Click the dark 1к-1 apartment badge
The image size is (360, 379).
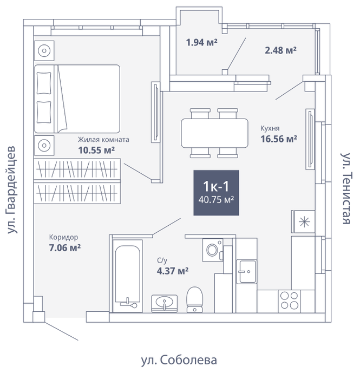tap(216, 193)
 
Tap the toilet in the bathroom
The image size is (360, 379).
tap(194, 300)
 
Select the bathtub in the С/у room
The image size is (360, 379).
tap(128, 276)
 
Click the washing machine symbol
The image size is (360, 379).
tap(213, 250)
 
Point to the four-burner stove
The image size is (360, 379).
tap(289, 301)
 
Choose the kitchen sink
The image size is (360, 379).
tap(246, 271)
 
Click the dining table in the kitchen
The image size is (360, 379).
tap(214, 133)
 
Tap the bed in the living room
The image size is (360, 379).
tap(77, 99)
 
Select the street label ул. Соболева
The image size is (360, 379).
tap(179, 360)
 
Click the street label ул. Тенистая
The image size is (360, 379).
tap(346, 188)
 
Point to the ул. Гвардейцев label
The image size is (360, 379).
tap(12, 190)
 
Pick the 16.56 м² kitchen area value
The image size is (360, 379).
tap(279, 139)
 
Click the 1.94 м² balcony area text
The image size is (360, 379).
tap(201, 42)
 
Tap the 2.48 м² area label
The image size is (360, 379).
tap(280, 50)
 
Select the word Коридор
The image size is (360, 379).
tap(63, 237)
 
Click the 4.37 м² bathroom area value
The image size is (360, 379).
tap(173, 271)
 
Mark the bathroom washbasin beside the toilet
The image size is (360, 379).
tap(164, 304)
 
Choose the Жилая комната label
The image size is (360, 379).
tap(103, 140)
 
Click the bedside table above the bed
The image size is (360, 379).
tap(44, 51)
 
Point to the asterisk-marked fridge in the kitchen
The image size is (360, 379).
tap(304, 221)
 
